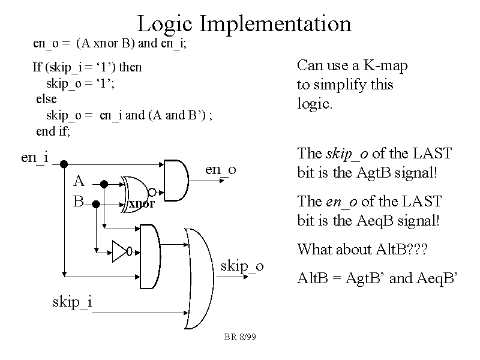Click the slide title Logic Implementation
click(x=244, y=23)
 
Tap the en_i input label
click(x=34, y=157)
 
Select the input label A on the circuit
click(x=79, y=181)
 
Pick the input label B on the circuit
click(x=78, y=201)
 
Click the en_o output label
click(x=221, y=169)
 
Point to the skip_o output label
click(x=242, y=265)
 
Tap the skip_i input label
click(x=72, y=301)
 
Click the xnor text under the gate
click(x=142, y=204)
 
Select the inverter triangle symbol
click(x=120, y=251)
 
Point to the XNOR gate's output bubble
click(x=152, y=192)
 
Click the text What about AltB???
click(x=362, y=249)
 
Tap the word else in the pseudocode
click(x=46, y=98)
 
